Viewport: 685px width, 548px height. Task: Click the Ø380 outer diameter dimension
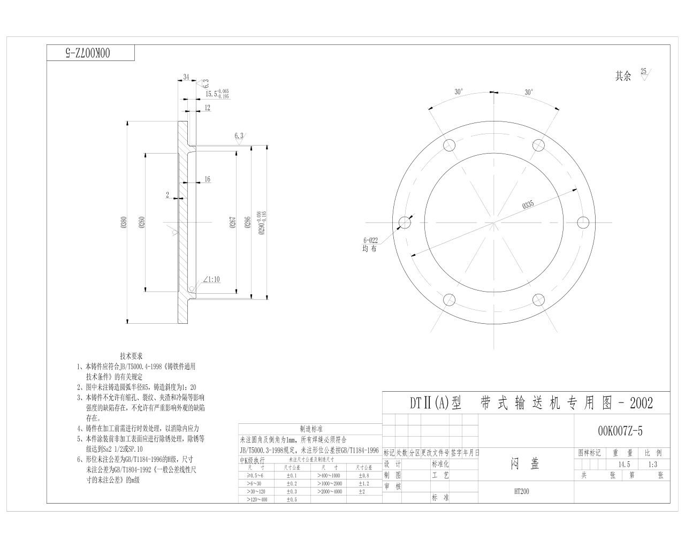point(124,222)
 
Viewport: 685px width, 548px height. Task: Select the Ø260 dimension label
point(141,222)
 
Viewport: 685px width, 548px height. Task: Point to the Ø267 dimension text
point(233,222)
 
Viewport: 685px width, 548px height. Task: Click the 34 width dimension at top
point(186,77)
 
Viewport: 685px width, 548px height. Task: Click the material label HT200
point(521,491)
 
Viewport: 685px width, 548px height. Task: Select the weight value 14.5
point(624,464)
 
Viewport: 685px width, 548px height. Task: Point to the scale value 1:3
point(652,464)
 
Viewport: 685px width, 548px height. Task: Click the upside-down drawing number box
point(90,52)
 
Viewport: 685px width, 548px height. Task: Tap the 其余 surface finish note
point(623,76)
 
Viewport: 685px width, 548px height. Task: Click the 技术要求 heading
point(131,356)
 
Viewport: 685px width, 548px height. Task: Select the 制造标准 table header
point(311,429)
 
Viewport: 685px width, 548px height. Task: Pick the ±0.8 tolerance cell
point(363,475)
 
